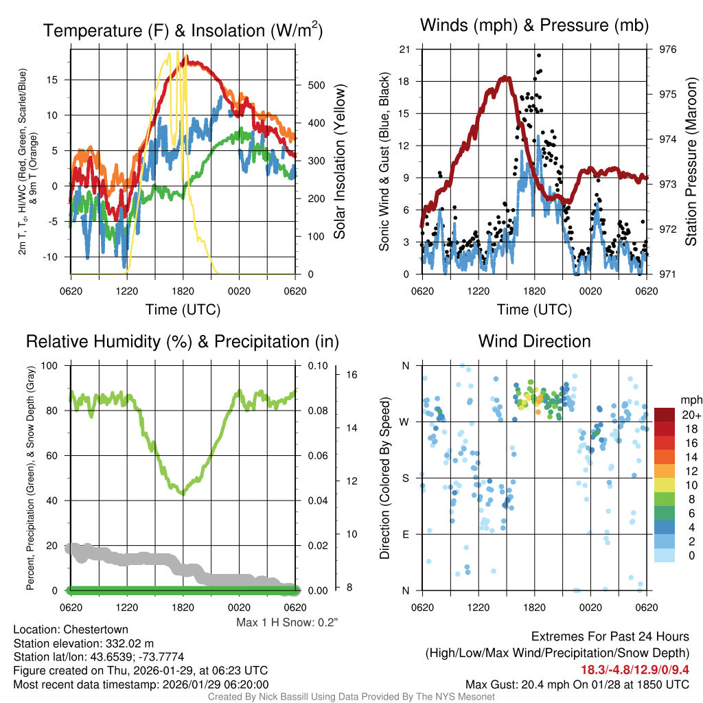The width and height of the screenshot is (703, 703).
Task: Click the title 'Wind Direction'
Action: (x=534, y=341)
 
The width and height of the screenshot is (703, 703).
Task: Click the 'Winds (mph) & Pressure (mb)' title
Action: (x=534, y=26)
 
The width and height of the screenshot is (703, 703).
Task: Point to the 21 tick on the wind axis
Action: (x=404, y=49)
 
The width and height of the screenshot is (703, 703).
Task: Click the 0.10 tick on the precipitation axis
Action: (x=317, y=366)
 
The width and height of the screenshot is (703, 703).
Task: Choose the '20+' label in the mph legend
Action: (x=690, y=415)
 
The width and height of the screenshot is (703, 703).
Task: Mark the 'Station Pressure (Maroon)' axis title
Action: (x=691, y=162)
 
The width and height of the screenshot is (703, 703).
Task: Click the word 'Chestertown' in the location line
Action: (x=96, y=630)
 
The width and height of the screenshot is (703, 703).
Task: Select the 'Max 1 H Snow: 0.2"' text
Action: (x=286, y=623)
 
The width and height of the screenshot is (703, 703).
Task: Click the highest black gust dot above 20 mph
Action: (x=539, y=56)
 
